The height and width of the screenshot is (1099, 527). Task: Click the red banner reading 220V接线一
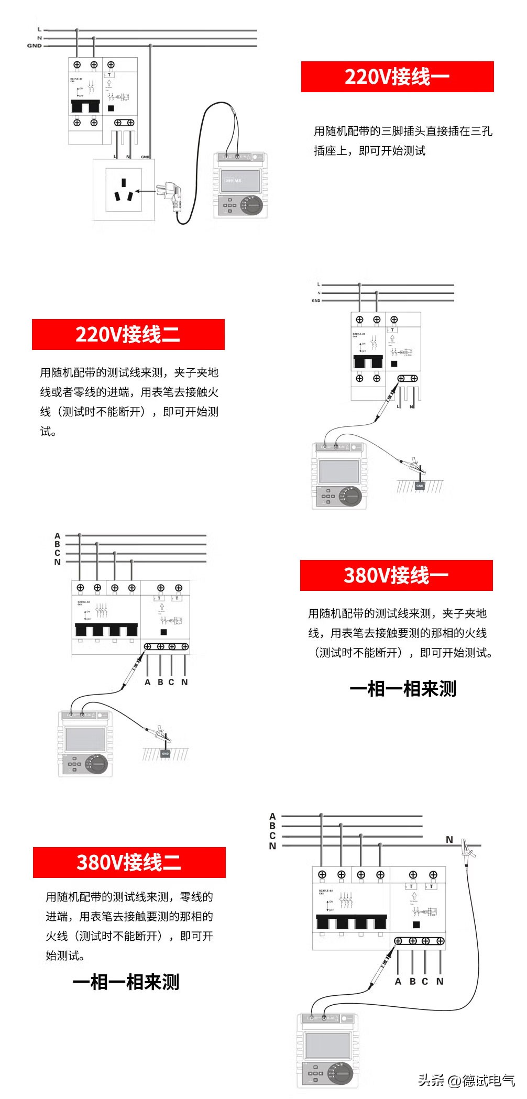pos(397,76)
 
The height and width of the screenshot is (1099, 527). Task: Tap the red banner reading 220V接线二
pos(128,334)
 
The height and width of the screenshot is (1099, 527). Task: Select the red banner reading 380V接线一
pos(396,575)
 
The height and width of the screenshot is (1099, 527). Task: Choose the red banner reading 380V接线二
pos(129,862)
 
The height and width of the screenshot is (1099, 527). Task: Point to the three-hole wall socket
pos(124,190)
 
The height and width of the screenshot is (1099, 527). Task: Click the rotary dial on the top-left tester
pos(253,205)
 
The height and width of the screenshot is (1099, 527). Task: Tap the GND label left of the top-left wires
pos(34,46)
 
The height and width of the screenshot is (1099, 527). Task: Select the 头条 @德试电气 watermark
pos(466,1080)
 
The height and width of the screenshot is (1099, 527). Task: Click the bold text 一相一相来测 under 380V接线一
pos(403,688)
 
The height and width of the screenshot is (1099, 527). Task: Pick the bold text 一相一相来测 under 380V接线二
pos(126,982)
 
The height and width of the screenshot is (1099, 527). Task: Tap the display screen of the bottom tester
pos(327,1045)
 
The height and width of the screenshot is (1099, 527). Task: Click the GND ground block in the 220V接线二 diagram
pos(420,486)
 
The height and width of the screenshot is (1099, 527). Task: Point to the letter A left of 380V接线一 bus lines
pos(58,536)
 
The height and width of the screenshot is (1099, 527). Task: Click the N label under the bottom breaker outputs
pos(440,982)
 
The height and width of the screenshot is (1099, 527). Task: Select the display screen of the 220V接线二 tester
pos(339,471)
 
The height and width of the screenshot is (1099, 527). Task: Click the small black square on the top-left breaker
pos(111,108)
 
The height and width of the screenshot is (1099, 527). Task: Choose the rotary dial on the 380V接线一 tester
pos(97,764)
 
